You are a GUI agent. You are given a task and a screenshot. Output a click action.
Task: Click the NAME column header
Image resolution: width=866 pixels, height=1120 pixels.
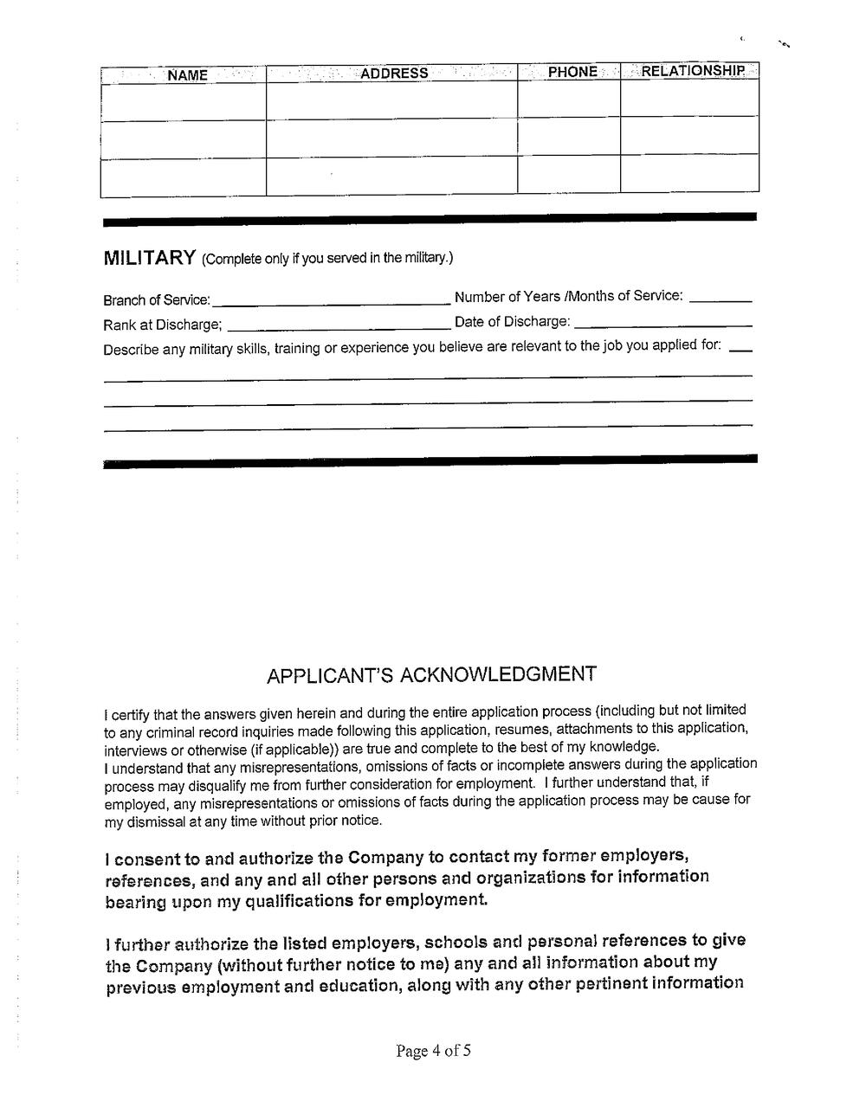[x=187, y=75]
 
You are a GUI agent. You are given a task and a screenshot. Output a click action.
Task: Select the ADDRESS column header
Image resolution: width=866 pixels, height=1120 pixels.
[x=394, y=74]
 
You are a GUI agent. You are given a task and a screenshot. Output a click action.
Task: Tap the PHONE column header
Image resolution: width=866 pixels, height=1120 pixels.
[x=572, y=72]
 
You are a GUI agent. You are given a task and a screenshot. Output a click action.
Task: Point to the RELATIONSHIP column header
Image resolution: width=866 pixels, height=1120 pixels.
[x=692, y=71]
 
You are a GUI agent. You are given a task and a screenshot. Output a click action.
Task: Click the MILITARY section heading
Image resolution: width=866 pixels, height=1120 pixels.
[x=150, y=258]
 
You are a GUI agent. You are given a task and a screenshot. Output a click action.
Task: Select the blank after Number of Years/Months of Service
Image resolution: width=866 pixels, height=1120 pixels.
[x=720, y=299]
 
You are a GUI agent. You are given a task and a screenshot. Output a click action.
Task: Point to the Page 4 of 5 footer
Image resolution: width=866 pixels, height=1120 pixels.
[x=433, y=1051]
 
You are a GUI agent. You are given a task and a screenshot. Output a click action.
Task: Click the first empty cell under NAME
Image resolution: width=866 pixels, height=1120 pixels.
[x=184, y=102]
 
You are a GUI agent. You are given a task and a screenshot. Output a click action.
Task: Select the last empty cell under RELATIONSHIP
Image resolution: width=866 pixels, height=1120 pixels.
[x=689, y=173]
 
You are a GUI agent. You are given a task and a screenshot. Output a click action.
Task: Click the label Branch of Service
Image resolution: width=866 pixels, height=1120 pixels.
[x=157, y=300]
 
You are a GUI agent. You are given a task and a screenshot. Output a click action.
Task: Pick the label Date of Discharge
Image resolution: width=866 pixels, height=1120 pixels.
[x=512, y=322]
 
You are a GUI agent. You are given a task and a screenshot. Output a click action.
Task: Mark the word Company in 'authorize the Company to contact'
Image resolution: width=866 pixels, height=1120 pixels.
[x=385, y=858]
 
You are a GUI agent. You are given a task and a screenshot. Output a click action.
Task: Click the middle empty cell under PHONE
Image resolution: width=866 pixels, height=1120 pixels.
[x=569, y=137]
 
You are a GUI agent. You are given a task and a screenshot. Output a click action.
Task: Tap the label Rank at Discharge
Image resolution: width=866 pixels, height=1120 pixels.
[x=162, y=325]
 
